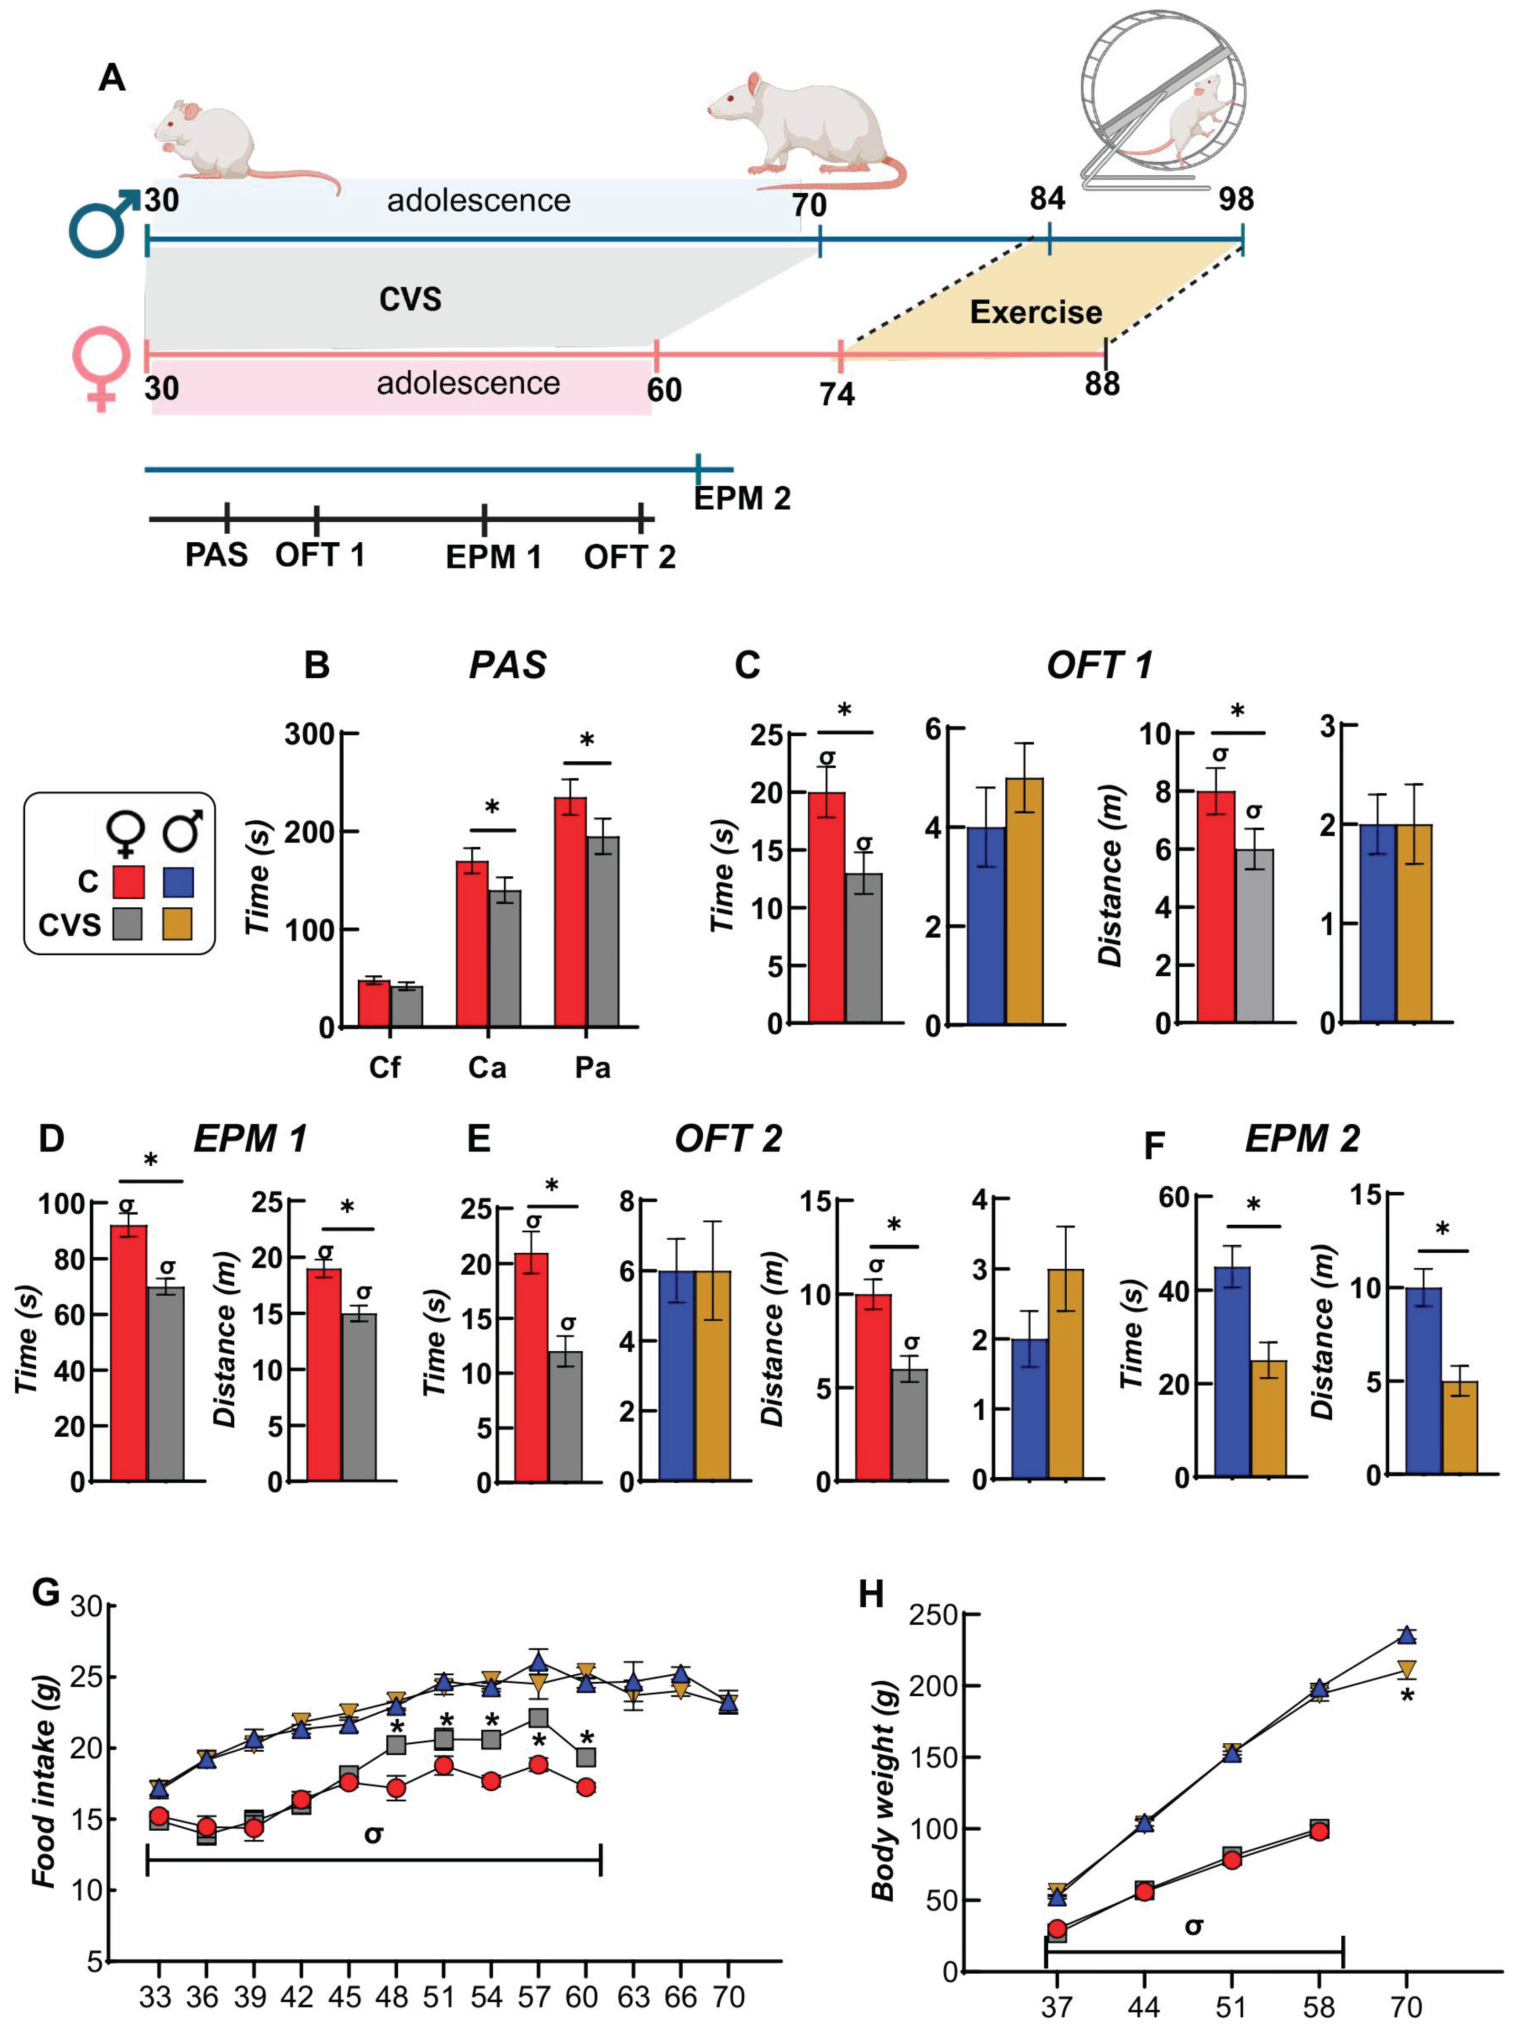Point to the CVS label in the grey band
click(410, 299)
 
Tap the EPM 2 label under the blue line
click(741, 499)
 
